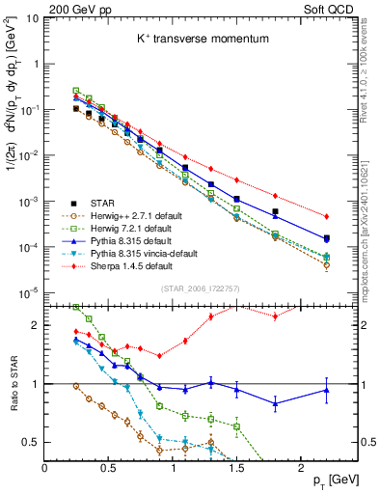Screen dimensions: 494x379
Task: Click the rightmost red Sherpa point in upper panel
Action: (x=326, y=216)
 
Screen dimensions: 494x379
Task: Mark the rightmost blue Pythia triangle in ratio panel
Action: (x=326, y=390)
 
